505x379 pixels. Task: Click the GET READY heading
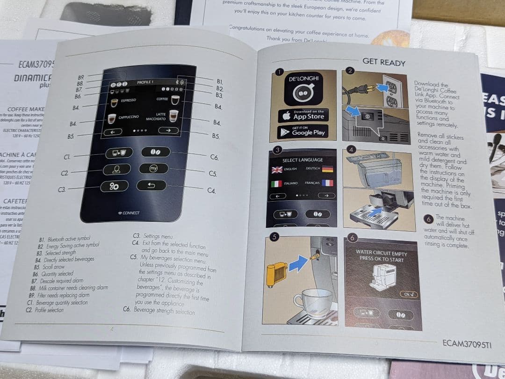pyautogui.click(x=383, y=62)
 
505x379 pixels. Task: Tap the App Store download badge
pyautogui.click(x=303, y=115)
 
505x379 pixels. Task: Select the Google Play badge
pyautogui.click(x=303, y=131)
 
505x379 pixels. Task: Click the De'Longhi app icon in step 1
pyautogui.click(x=303, y=89)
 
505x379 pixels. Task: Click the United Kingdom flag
pyautogui.click(x=277, y=169)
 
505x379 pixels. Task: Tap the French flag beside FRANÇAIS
pyautogui.click(x=327, y=183)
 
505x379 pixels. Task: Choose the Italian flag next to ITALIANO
pyautogui.click(x=277, y=183)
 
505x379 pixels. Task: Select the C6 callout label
pyautogui.click(x=214, y=158)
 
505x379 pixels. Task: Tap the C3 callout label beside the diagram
pyautogui.click(x=62, y=189)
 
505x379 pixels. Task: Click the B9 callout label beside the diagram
pyautogui.click(x=81, y=77)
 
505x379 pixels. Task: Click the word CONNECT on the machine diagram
pyautogui.click(x=131, y=213)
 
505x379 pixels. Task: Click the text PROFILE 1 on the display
pyautogui.click(x=145, y=82)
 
